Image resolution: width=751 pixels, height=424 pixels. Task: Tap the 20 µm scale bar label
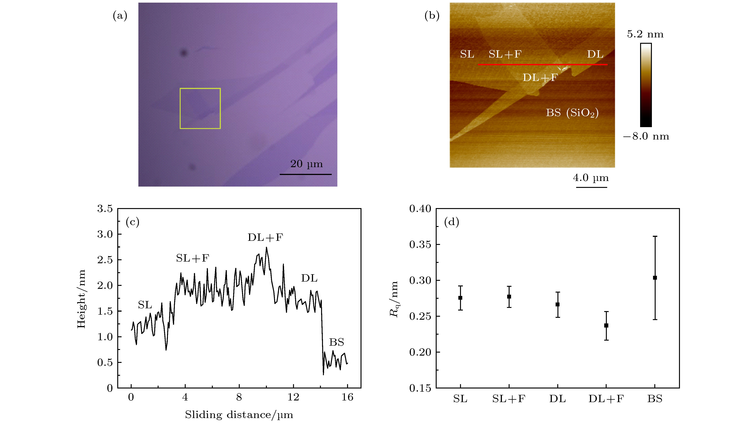pyautogui.click(x=306, y=164)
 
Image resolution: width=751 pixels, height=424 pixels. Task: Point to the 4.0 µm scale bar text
pyautogui.click(x=591, y=178)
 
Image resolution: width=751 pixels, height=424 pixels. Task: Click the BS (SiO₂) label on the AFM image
pyautogui.click(x=572, y=113)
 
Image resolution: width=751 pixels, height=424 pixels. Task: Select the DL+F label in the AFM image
pyautogui.click(x=540, y=78)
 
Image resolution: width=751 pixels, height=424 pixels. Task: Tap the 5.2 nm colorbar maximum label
pyautogui.click(x=645, y=34)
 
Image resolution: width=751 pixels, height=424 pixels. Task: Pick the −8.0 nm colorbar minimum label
pyautogui.click(x=646, y=136)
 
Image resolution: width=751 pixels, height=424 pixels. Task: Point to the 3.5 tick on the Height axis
pyautogui.click(x=105, y=209)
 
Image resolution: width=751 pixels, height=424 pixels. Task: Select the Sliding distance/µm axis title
pyautogui.click(x=239, y=415)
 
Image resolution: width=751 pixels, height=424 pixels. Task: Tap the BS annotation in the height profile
pyautogui.click(x=336, y=342)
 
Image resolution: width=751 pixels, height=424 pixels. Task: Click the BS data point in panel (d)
pyautogui.click(x=655, y=278)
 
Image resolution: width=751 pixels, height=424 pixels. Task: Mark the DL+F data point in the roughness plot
pyautogui.click(x=606, y=325)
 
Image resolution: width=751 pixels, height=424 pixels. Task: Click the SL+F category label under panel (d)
pyautogui.click(x=509, y=399)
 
